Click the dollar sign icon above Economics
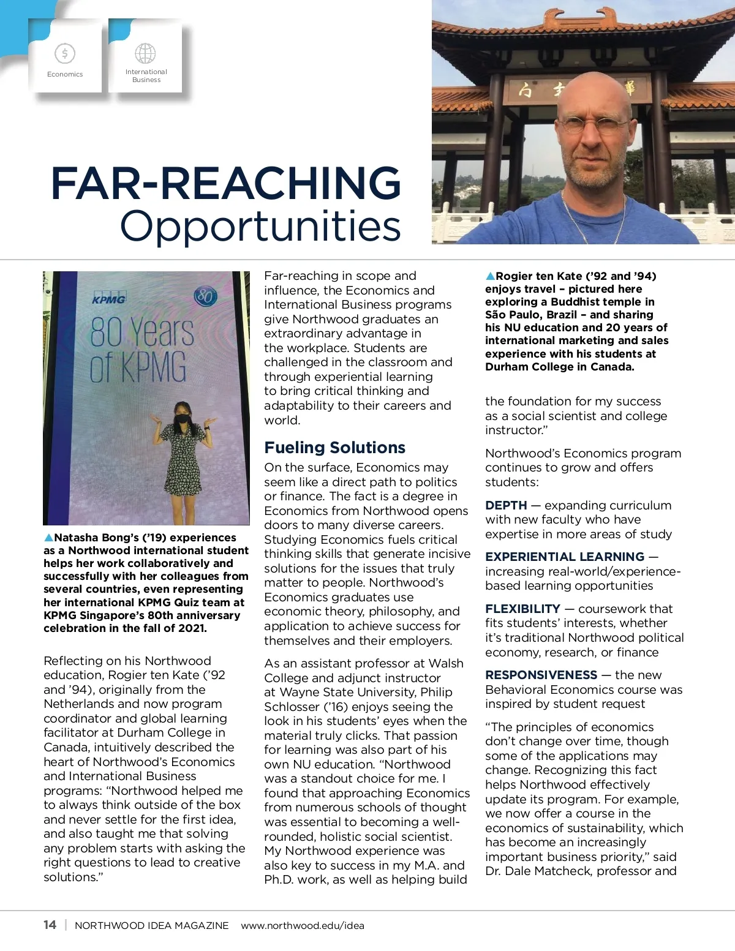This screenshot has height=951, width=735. (x=64, y=54)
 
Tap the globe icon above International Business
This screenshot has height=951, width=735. (x=145, y=54)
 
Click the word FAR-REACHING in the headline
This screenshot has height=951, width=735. (x=225, y=183)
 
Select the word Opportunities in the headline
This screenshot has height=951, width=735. (x=260, y=225)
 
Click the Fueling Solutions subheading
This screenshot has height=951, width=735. (x=334, y=448)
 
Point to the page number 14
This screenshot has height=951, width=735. (x=50, y=925)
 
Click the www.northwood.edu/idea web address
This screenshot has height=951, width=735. (x=303, y=925)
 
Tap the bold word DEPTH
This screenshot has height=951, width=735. (x=506, y=505)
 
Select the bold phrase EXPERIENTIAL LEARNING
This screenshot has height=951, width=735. (x=565, y=557)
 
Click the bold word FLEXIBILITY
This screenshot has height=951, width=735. (x=522, y=609)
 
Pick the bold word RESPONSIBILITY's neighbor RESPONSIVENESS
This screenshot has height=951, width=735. (x=541, y=675)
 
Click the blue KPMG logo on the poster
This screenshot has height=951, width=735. (x=108, y=299)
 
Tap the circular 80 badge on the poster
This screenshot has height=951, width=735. (x=206, y=297)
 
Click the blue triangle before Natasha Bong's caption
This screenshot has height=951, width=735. (x=48, y=538)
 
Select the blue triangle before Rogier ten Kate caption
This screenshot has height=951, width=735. (x=490, y=276)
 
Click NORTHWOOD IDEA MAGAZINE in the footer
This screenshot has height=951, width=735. (x=151, y=925)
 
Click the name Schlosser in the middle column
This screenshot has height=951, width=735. (x=292, y=707)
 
